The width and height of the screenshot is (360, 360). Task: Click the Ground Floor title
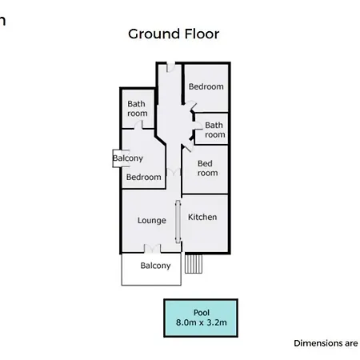point(174,34)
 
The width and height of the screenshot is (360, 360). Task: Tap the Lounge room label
point(152,221)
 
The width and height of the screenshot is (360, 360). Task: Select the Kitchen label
point(202,217)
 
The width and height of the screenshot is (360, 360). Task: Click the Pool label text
point(202,313)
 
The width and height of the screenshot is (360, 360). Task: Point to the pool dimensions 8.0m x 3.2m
point(202,322)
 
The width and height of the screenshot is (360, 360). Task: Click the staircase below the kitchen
point(194,264)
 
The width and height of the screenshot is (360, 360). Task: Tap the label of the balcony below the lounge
point(155,266)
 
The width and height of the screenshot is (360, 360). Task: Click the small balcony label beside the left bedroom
point(128,158)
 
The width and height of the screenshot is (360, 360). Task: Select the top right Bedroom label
point(206,86)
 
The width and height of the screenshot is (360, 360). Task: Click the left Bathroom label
point(138,109)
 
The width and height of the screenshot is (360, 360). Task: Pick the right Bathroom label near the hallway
point(215,130)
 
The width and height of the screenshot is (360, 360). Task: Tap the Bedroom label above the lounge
point(144,177)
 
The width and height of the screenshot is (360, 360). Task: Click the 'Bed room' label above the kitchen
point(207,168)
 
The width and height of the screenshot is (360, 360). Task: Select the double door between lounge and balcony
point(152,249)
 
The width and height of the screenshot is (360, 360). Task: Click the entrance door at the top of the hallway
point(170,66)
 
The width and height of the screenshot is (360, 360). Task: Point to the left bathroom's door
point(138,125)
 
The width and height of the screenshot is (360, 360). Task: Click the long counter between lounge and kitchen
point(178,222)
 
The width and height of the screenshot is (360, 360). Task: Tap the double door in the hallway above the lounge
point(174,172)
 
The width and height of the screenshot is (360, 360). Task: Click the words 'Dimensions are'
point(326,343)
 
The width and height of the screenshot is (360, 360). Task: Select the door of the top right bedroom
point(191,106)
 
